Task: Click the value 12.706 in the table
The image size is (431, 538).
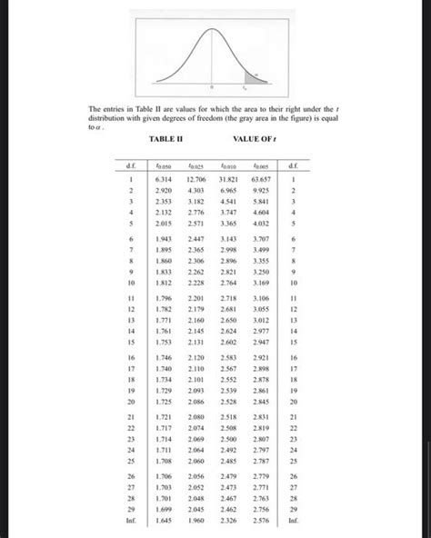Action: tap(201, 181)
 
